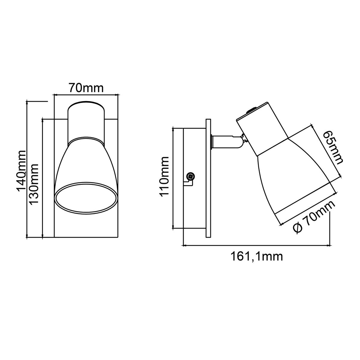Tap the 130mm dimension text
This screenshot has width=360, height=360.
click(x=35, y=184)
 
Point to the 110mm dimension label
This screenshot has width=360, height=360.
click(x=165, y=176)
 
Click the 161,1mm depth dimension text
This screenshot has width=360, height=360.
click(x=256, y=256)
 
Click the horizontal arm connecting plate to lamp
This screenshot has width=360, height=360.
click(x=225, y=142)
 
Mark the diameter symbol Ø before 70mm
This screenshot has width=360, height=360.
click(x=297, y=229)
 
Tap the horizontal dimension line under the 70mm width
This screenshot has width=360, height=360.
click(x=86, y=95)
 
